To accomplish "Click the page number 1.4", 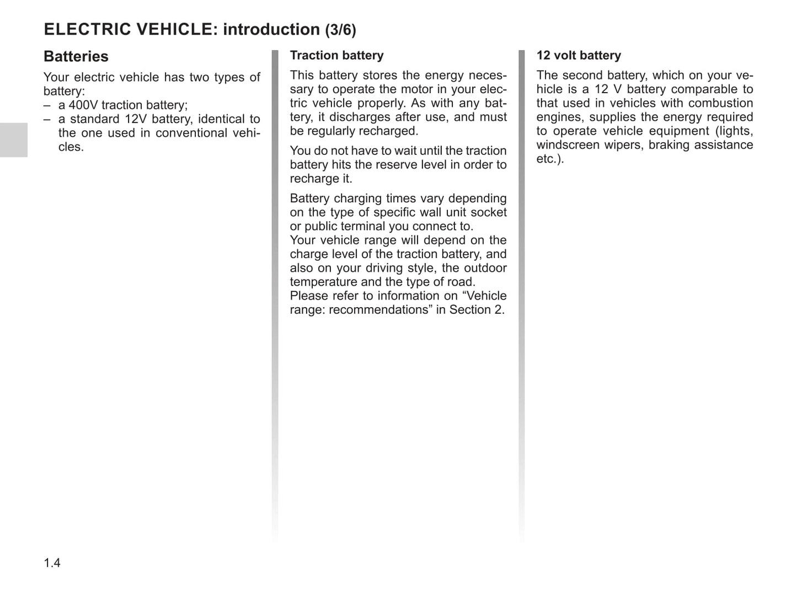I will [x=52, y=563].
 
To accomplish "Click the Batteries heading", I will [x=76, y=57].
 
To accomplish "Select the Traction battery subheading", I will [x=336, y=56].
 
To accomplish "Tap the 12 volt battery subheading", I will [x=579, y=56].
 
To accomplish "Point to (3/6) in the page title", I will [x=340, y=30].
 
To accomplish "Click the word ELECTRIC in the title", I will [x=86, y=30].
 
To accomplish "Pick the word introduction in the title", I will [x=271, y=30].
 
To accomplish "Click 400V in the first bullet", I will [x=83, y=105].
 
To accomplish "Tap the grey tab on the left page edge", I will [x=13, y=140].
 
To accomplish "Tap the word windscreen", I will [x=568, y=145].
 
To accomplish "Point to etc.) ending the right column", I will [x=550, y=159].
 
